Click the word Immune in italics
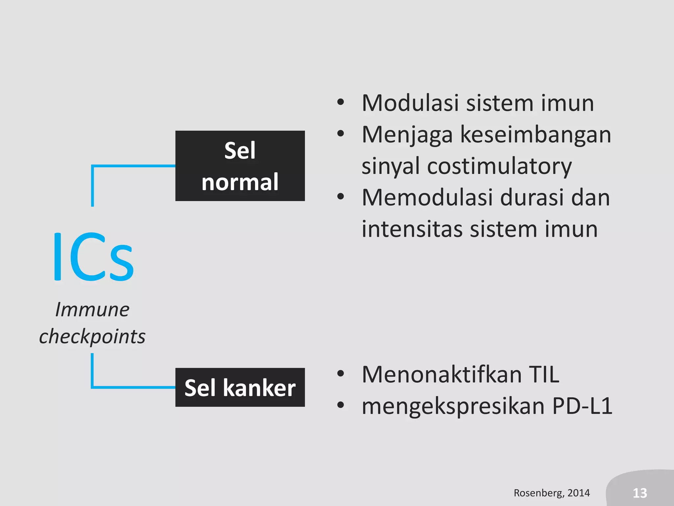point(92,310)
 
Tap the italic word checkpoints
point(92,337)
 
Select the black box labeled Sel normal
point(240,166)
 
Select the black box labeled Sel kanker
point(240,387)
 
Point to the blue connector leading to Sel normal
point(132,166)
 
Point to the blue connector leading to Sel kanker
point(132,387)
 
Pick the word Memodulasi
point(428,198)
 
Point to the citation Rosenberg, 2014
point(552,493)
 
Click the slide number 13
point(640,493)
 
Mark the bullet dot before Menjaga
point(341,134)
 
